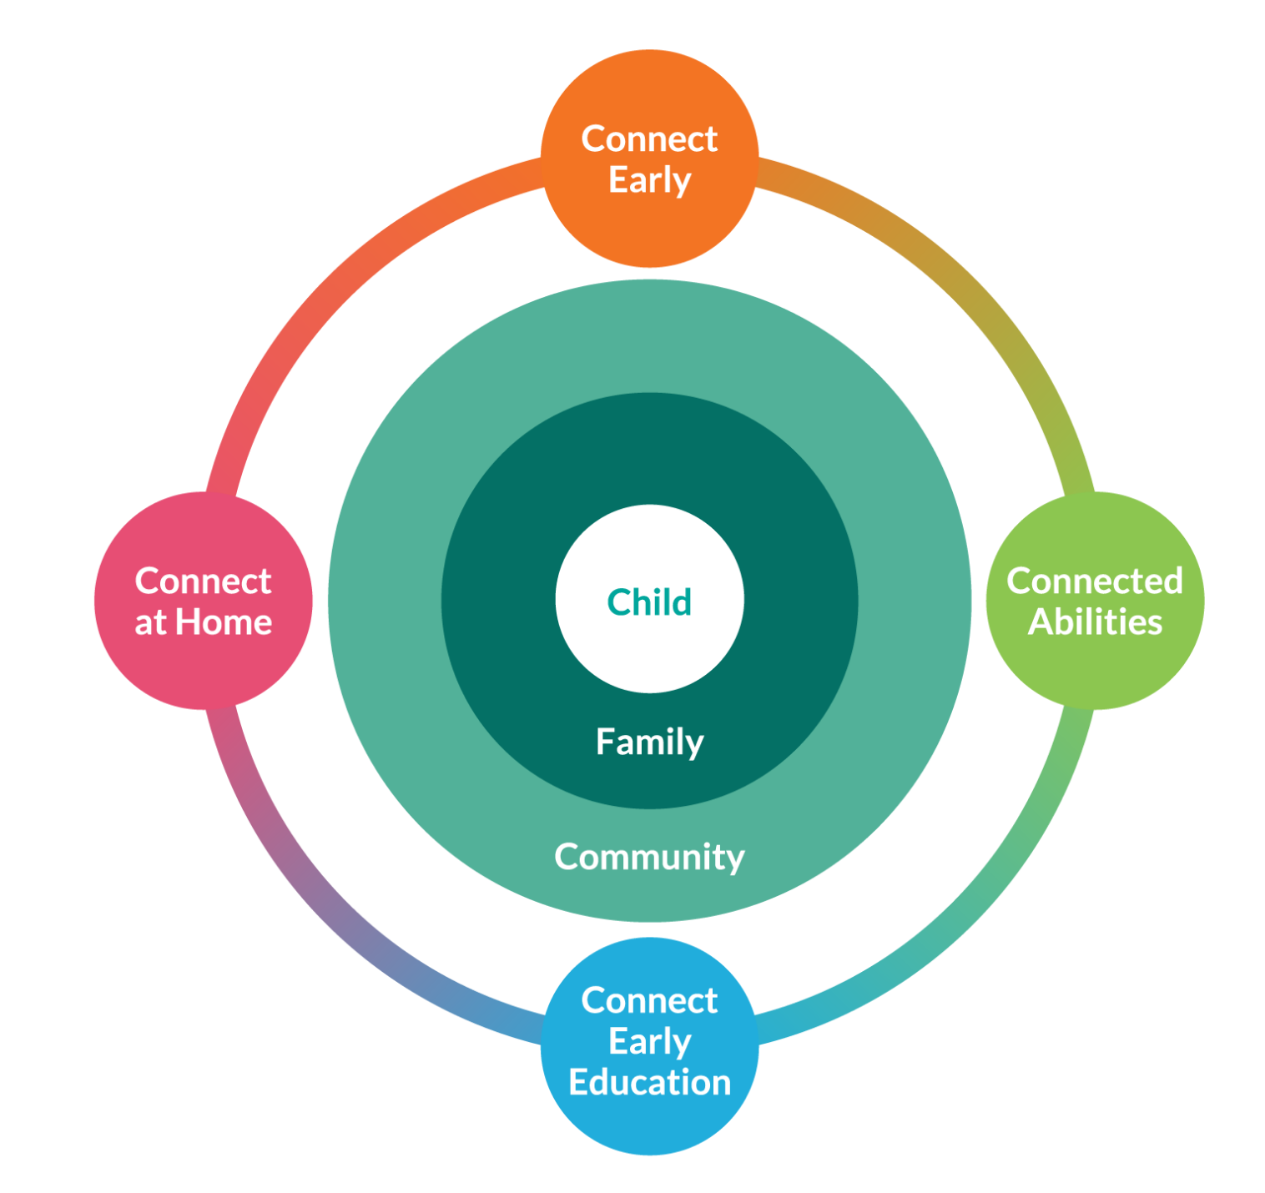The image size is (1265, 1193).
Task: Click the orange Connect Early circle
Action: (x=649, y=158)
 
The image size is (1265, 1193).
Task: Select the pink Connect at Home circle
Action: (x=204, y=601)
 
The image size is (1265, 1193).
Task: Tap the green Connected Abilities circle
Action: (x=1095, y=601)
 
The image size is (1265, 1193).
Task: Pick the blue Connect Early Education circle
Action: (x=649, y=1046)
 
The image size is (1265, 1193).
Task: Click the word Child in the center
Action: (x=649, y=602)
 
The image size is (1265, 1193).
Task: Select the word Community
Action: (x=649, y=858)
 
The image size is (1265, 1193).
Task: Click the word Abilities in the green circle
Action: (x=1095, y=622)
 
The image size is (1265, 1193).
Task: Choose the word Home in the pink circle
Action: (x=224, y=622)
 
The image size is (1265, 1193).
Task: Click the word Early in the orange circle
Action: (x=650, y=181)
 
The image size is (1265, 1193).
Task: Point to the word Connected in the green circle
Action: (x=1095, y=581)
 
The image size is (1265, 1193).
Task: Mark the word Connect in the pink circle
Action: (x=204, y=581)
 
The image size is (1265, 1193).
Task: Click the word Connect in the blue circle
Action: (x=649, y=1000)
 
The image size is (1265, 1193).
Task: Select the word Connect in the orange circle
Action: (x=649, y=138)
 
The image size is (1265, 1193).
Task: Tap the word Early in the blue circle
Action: (x=650, y=1043)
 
